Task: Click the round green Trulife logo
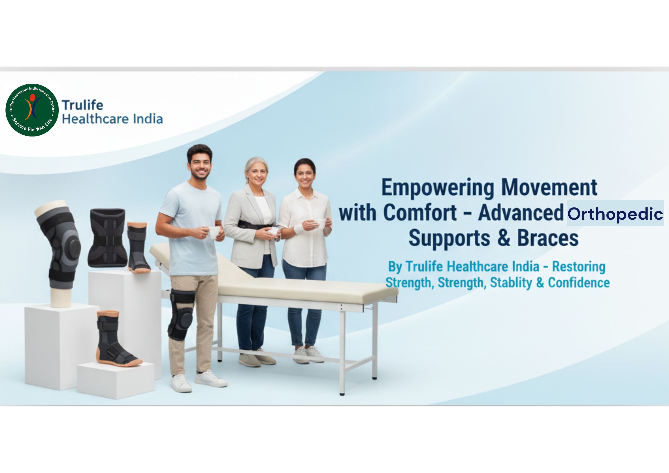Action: point(32,110)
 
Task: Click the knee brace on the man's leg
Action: point(181,314)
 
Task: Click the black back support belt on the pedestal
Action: point(108,238)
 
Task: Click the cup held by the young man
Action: point(214,232)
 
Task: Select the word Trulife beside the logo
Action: point(83,105)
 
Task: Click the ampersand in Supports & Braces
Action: point(503,238)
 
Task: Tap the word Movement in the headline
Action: point(550,187)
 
